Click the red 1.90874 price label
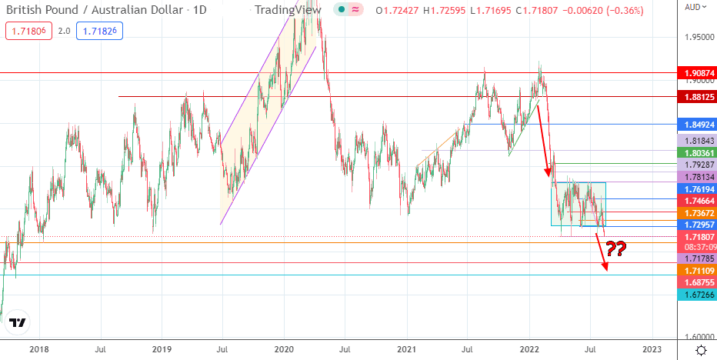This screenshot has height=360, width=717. pos(695,73)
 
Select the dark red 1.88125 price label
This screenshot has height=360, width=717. pos(695,97)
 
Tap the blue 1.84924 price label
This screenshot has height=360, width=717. pos(695,124)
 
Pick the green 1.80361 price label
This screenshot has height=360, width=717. pos(695,154)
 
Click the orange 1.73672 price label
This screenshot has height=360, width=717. pos(695,212)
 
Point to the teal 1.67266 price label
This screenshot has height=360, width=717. pos(695,295)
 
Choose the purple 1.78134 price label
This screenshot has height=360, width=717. pos(695,176)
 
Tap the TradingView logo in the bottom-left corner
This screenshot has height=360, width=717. pos(20,323)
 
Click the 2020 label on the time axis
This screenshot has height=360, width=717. pos(284,350)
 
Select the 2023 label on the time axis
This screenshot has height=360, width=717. pos(652,350)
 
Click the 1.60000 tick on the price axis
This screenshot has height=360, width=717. pos(699,337)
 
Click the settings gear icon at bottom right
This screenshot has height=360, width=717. pos(700,350)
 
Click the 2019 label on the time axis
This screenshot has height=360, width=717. pos(161,350)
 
